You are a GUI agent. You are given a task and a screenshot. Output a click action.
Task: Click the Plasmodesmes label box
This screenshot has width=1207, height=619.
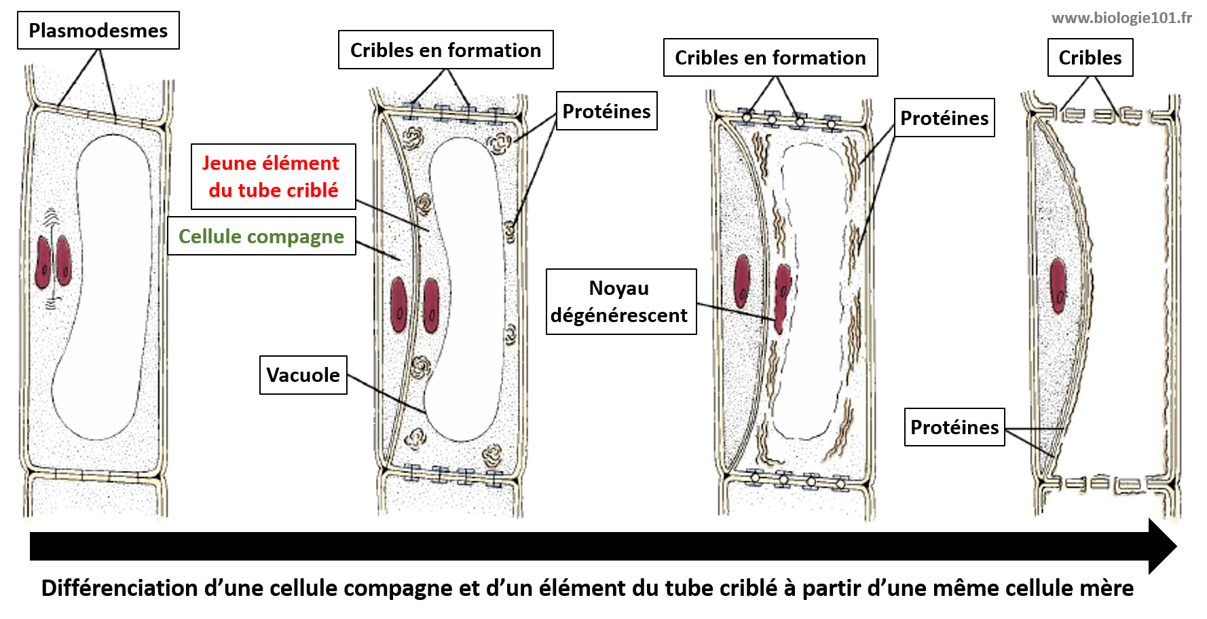(x=98, y=31)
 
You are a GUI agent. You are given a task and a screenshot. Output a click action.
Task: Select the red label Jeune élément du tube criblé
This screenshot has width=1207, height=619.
(x=273, y=177)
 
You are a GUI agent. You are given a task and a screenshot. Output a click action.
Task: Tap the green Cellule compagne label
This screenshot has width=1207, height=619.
(x=261, y=236)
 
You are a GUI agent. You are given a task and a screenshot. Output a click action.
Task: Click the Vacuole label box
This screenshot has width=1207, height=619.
(x=303, y=375)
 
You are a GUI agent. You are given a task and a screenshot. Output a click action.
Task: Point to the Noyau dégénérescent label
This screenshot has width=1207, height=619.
(x=620, y=302)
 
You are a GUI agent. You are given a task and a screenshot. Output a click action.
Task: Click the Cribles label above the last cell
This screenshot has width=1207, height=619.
(x=1090, y=58)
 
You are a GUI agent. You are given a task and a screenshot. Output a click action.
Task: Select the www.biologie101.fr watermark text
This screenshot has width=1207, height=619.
(x=1121, y=18)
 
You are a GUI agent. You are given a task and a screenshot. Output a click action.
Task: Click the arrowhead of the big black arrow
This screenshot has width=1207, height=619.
(x=1162, y=546)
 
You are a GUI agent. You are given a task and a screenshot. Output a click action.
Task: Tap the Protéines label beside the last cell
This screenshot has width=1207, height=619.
(x=954, y=427)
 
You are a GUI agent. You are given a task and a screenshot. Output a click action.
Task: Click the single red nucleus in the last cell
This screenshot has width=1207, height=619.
(x=1058, y=285)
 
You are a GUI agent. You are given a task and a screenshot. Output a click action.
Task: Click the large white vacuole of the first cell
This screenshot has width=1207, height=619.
(x=109, y=285)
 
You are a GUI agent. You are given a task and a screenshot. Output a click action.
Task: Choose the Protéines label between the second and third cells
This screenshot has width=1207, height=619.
(x=606, y=111)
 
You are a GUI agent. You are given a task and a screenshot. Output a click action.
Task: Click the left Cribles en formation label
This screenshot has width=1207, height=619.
(x=445, y=50)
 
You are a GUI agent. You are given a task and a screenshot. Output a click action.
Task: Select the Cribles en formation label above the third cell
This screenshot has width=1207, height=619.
(x=770, y=58)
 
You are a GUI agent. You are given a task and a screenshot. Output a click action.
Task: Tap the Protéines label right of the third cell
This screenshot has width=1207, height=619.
(x=944, y=118)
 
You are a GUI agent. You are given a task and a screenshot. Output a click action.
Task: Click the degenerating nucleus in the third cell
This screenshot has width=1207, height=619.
(x=783, y=296)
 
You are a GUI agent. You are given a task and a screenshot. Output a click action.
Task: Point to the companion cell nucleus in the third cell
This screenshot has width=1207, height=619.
(x=743, y=280)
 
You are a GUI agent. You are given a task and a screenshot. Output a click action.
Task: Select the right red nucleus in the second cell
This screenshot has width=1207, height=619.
(x=431, y=306)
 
